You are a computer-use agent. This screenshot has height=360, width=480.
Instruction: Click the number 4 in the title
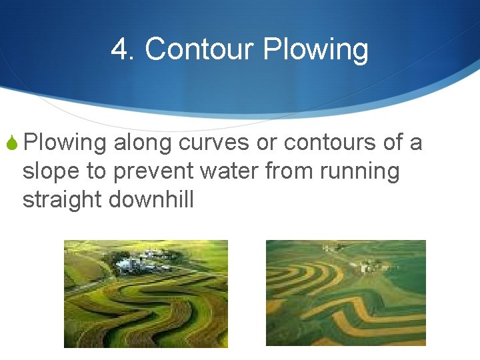coord(121,49)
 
